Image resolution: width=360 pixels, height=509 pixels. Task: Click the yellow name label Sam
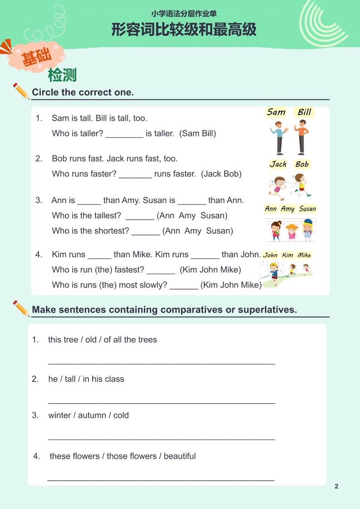click(x=276, y=112)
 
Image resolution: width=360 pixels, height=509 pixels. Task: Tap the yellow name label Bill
click(x=304, y=112)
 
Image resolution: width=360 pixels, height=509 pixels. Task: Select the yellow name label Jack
click(x=278, y=164)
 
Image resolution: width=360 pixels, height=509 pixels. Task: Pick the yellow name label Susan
click(x=307, y=209)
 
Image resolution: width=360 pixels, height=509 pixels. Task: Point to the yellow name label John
click(x=270, y=255)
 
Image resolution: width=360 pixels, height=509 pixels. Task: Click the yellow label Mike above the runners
click(x=304, y=255)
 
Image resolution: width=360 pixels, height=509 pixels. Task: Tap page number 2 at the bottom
click(x=336, y=486)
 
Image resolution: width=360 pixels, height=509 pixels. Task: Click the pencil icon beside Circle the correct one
click(x=21, y=91)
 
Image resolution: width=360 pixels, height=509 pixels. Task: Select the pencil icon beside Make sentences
click(x=21, y=308)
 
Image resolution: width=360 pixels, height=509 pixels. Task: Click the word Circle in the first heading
click(x=45, y=93)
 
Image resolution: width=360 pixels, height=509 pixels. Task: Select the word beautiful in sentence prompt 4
click(x=180, y=456)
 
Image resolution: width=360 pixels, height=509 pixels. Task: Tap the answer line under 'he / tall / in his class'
click(x=161, y=403)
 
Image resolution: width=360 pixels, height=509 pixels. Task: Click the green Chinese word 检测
click(x=62, y=75)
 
